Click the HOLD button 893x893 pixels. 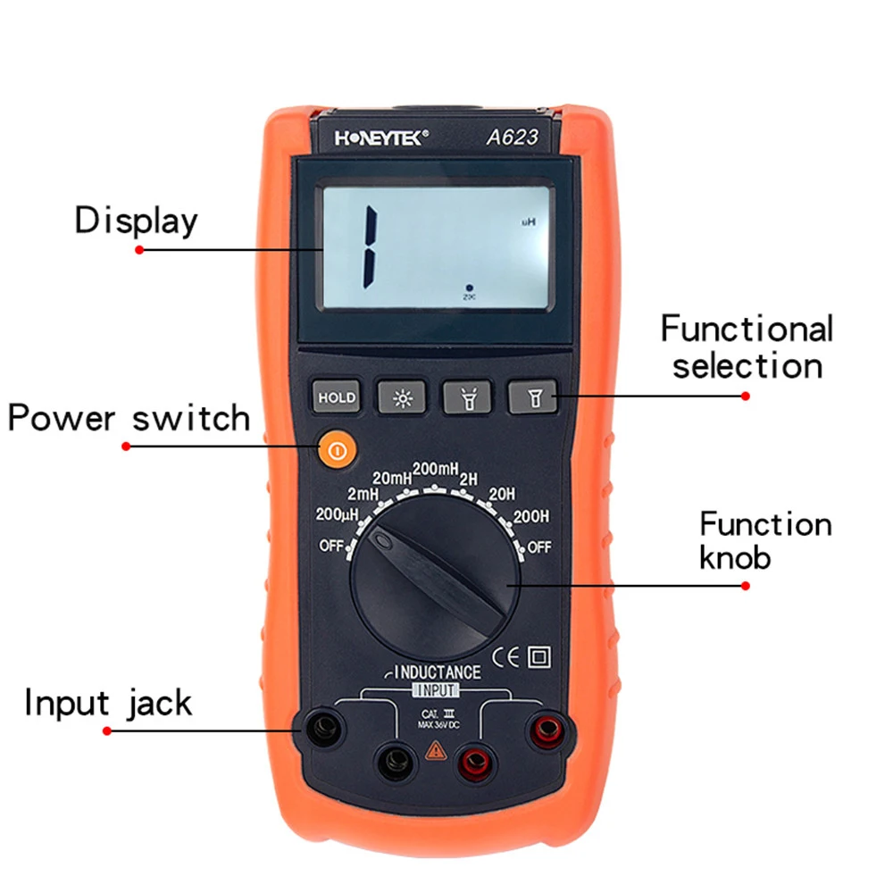[x=336, y=398]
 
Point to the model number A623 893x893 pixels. [x=512, y=138]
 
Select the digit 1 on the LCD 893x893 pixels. [x=368, y=242]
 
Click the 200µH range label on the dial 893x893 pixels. [x=337, y=515]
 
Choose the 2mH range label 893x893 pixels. [x=364, y=493]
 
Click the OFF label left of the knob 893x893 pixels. [x=332, y=547]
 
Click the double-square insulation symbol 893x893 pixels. [x=539, y=658]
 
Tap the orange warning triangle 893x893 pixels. [x=436, y=750]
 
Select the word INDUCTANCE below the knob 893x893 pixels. [x=437, y=672]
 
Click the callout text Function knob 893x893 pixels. [x=765, y=540]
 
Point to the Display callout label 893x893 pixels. [x=136, y=221]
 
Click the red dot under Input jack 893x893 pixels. [x=107, y=730]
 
